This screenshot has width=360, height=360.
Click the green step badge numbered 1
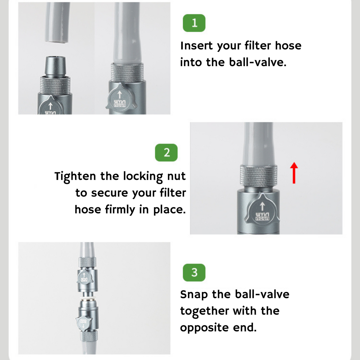tap(194, 23)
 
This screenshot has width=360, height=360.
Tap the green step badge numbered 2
tap(166, 152)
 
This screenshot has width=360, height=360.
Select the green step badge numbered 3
tap(194, 272)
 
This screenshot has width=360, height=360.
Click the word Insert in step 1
tap(197, 46)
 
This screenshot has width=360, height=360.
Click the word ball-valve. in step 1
tap(258, 62)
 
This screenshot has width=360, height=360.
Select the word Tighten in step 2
tap(75, 176)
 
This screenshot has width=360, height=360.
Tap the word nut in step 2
tap(176, 176)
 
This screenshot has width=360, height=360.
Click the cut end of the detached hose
tap(58, 41)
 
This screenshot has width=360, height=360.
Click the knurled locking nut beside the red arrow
tap(259, 176)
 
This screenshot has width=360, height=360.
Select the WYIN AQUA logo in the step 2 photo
tap(262, 216)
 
